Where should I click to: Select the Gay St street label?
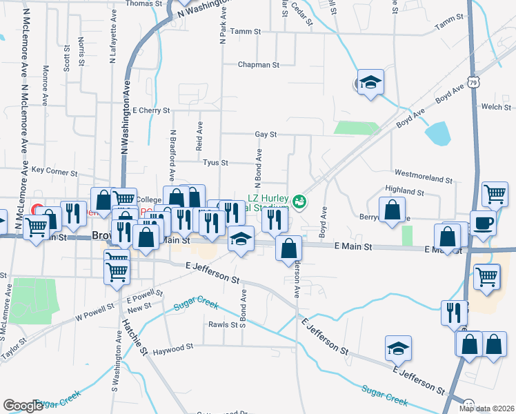pyautogui.click(x=265, y=135)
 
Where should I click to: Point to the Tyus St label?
pyautogui.click(x=210, y=163)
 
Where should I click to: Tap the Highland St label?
pyautogui.click(x=404, y=190)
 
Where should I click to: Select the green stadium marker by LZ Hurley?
pyautogui.click(x=299, y=202)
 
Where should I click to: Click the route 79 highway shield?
pyautogui.click(x=472, y=81)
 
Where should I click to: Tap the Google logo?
pyautogui.click(x=23, y=405)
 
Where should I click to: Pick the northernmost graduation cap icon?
pyautogui.click(x=370, y=83)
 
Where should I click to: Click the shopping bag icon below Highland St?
pyautogui.click(x=392, y=210)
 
